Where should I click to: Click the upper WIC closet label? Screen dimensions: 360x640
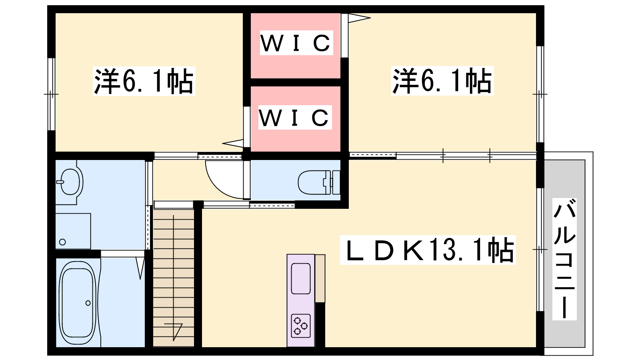pos(296,43)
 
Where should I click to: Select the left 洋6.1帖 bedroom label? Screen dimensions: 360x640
pos(144,81)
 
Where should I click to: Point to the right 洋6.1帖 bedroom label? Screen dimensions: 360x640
pos(442,81)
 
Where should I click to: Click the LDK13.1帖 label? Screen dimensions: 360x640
pos(428,250)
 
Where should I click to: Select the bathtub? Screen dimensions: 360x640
pos(78,303)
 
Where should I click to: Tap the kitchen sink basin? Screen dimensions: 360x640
pos(301,278)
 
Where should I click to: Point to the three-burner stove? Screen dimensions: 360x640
pos(301,325)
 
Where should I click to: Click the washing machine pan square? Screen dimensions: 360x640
pos(73,231)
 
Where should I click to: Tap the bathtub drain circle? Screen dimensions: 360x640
pos(88,303)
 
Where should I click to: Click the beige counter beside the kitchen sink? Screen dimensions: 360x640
pos(320,278)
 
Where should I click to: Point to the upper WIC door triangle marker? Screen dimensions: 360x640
pos(358,18)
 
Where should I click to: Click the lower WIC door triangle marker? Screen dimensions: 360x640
pos(233,142)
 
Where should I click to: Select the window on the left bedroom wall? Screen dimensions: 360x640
pos(51,94)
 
